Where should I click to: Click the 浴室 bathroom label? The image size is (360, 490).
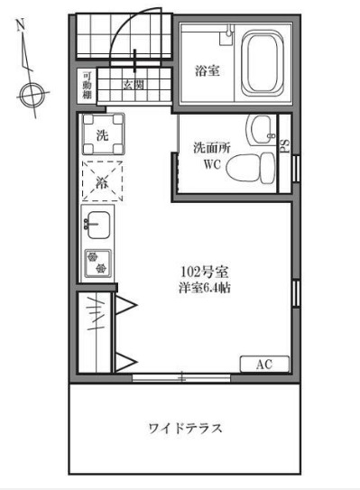[206, 70]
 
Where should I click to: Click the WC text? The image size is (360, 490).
[212, 164]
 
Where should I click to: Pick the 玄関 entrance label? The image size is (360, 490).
[133, 86]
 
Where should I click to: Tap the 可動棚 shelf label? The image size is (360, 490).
[87, 86]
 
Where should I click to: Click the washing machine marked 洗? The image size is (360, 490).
[102, 136]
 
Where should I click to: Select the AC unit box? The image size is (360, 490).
[264, 365]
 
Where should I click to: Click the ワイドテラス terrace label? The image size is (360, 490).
[185, 427]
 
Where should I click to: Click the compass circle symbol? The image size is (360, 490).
[33, 91]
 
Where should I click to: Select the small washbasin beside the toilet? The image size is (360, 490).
[261, 128]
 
